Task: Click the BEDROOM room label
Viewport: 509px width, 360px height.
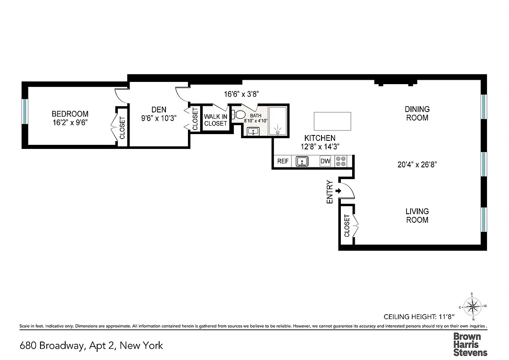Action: [x=70, y=114]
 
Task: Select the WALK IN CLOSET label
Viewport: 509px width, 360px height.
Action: [x=215, y=120]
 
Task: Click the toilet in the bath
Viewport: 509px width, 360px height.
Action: [x=239, y=115]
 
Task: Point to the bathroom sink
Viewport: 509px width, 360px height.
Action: [x=253, y=131]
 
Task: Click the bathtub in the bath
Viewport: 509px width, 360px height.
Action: [x=277, y=121]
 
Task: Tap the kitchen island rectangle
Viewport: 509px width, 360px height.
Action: [x=332, y=121]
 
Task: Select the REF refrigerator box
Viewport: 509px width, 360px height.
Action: [x=283, y=161]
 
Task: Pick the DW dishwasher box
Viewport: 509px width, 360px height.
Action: [x=325, y=161]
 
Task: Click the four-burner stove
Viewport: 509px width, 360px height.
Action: [x=341, y=161]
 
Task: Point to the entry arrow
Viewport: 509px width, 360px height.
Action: [x=338, y=191]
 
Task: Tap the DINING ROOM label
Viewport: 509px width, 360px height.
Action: [x=417, y=113]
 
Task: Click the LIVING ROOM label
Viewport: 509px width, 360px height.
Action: [x=417, y=216]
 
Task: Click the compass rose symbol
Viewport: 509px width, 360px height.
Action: [x=472, y=307]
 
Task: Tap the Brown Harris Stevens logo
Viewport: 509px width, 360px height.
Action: [x=470, y=344]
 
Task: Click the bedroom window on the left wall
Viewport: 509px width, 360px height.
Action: [x=25, y=111]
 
